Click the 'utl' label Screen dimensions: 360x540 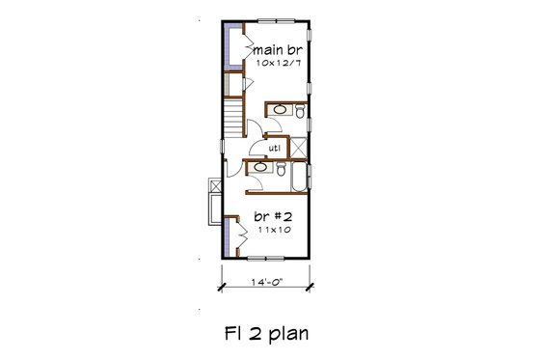pyautogui.click(x=274, y=148)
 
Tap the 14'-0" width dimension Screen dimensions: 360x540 pyautogui.click(x=266, y=284)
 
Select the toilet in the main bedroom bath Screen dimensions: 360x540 pyautogui.click(x=300, y=113)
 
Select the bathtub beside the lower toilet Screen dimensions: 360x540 pyautogui.click(x=297, y=178)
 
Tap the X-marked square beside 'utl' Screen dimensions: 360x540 pyautogui.click(x=297, y=147)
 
